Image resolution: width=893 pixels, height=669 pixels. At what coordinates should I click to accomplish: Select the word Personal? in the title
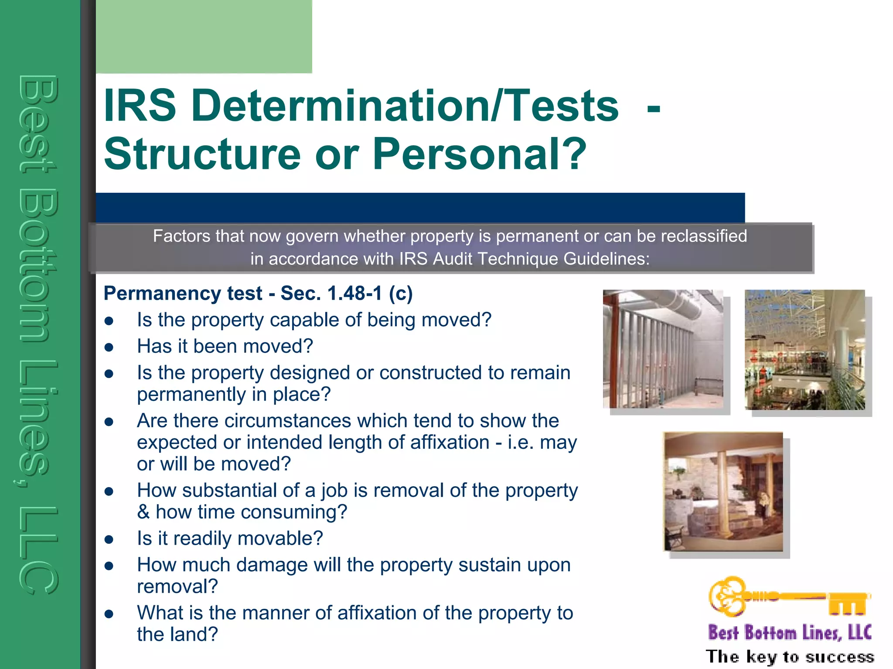point(480,154)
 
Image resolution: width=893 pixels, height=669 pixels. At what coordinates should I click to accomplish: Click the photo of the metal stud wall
point(663,349)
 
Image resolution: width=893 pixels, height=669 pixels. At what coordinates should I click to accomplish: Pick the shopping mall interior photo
point(804,350)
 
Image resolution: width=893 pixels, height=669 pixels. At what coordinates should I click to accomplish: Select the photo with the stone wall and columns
point(723,492)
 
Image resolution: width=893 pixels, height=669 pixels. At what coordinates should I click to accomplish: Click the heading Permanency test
point(183,294)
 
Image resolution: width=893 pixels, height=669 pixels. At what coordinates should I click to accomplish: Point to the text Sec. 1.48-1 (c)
point(347,294)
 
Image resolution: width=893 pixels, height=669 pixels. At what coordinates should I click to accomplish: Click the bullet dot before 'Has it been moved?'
point(109,348)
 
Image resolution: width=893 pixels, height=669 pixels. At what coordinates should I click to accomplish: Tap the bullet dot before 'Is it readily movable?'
point(109,540)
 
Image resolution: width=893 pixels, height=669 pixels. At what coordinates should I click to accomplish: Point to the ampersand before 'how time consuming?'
point(143,512)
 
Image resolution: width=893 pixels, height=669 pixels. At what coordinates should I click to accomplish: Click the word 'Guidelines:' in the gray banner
point(606,259)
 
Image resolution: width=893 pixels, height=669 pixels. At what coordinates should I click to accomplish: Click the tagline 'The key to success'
point(790,656)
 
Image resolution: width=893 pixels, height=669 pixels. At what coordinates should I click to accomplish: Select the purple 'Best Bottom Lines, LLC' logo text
point(790,633)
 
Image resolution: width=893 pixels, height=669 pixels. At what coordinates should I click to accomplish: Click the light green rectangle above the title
point(204,36)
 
